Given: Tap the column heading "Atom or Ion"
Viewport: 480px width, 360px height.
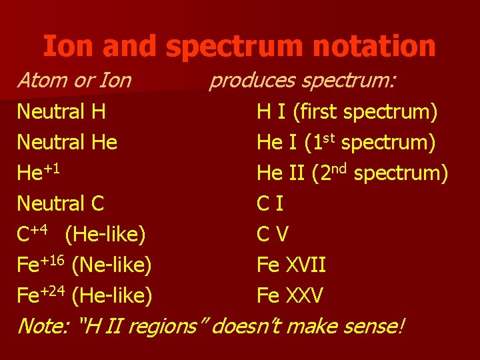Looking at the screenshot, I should [74, 81].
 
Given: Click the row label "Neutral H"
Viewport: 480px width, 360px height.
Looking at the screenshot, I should [61, 111].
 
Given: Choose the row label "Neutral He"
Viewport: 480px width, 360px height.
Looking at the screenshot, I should [67, 142].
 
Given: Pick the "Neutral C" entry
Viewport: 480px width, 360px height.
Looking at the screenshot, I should [61, 203].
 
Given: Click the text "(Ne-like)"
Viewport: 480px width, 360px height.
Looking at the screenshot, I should [111, 265].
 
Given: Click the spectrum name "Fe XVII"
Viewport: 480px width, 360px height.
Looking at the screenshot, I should [291, 265].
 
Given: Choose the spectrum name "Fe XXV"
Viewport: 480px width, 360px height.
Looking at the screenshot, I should [290, 295].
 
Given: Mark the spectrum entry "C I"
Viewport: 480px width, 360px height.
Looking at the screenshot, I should [270, 203].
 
